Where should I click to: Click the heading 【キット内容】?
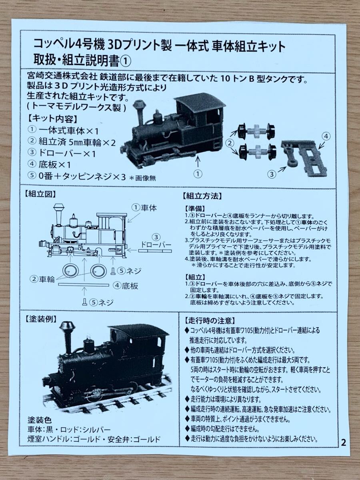tap(52, 119)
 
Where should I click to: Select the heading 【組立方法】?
tap(202, 196)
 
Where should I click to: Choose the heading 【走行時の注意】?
tap(210, 321)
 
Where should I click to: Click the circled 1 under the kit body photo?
tap(198, 174)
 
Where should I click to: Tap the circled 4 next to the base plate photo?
tap(326, 136)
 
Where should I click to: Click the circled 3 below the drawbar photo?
tap(272, 174)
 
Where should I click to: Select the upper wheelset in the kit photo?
tap(256, 131)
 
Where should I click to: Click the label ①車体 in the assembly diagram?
tap(144, 208)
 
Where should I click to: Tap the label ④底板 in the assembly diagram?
tap(126, 286)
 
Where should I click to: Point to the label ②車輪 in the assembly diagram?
tap(42, 279)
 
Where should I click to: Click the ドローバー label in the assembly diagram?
tap(156, 244)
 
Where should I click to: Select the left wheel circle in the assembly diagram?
tap(71, 271)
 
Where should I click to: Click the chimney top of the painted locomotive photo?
tap(68, 327)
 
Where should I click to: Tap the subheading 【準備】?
tap(195, 208)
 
